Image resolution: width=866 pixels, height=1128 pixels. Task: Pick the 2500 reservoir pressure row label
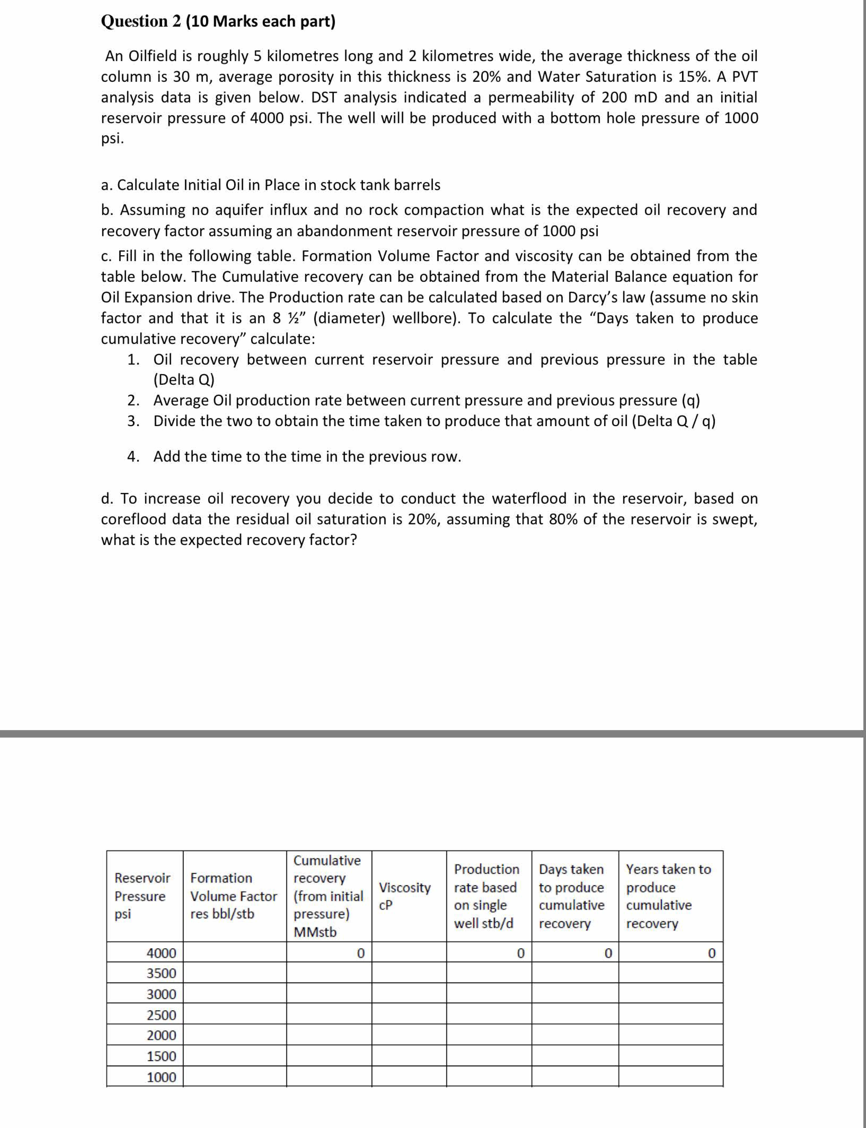coord(161,1015)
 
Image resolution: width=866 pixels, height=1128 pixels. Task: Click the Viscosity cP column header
coord(405,896)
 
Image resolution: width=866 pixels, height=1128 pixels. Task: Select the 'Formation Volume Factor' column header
coord(233,896)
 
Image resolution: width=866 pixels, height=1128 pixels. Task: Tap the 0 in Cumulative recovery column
coord(361,953)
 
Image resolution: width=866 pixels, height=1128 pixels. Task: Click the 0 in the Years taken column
coord(711,953)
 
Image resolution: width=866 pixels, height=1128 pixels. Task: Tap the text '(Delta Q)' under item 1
coord(184,380)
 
